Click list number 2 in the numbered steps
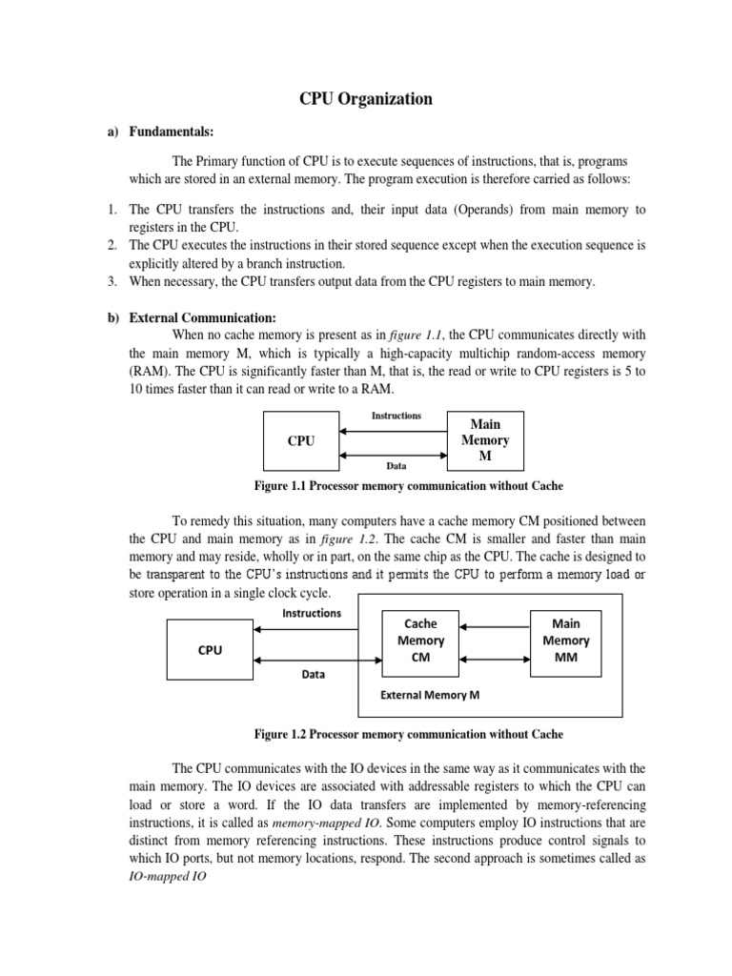pyautogui.click(x=111, y=246)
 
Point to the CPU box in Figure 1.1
pyautogui.click(x=301, y=441)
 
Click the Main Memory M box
pyautogui.click(x=485, y=440)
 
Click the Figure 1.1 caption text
pyautogui.click(x=408, y=486)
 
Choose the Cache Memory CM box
pyautogui.click(x=421, y=641)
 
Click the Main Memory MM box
pyautogui.click(x=565, y=641)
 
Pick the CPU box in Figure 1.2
pyautogui.click(x=210, y=650)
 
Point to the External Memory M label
pyautogui.click(x=430, y=695)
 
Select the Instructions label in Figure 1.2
pyautogui.click(x=311, y=613)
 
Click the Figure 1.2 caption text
pyautogui.click(x=408, y=734)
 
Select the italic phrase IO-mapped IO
pyautogui.click(x=167, y=874)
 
